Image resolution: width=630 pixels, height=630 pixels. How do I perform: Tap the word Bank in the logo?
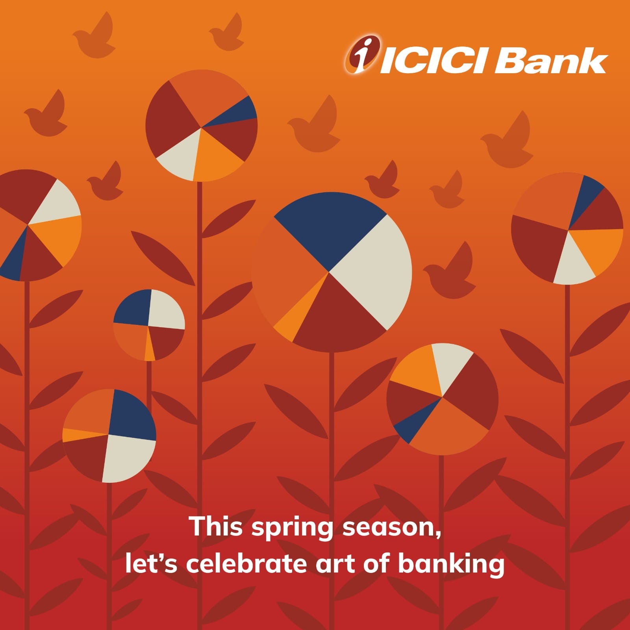pyautogui.click(x=551, y=61)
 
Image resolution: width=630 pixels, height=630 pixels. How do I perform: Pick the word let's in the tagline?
pyautogui.click(x=152, y=563)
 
